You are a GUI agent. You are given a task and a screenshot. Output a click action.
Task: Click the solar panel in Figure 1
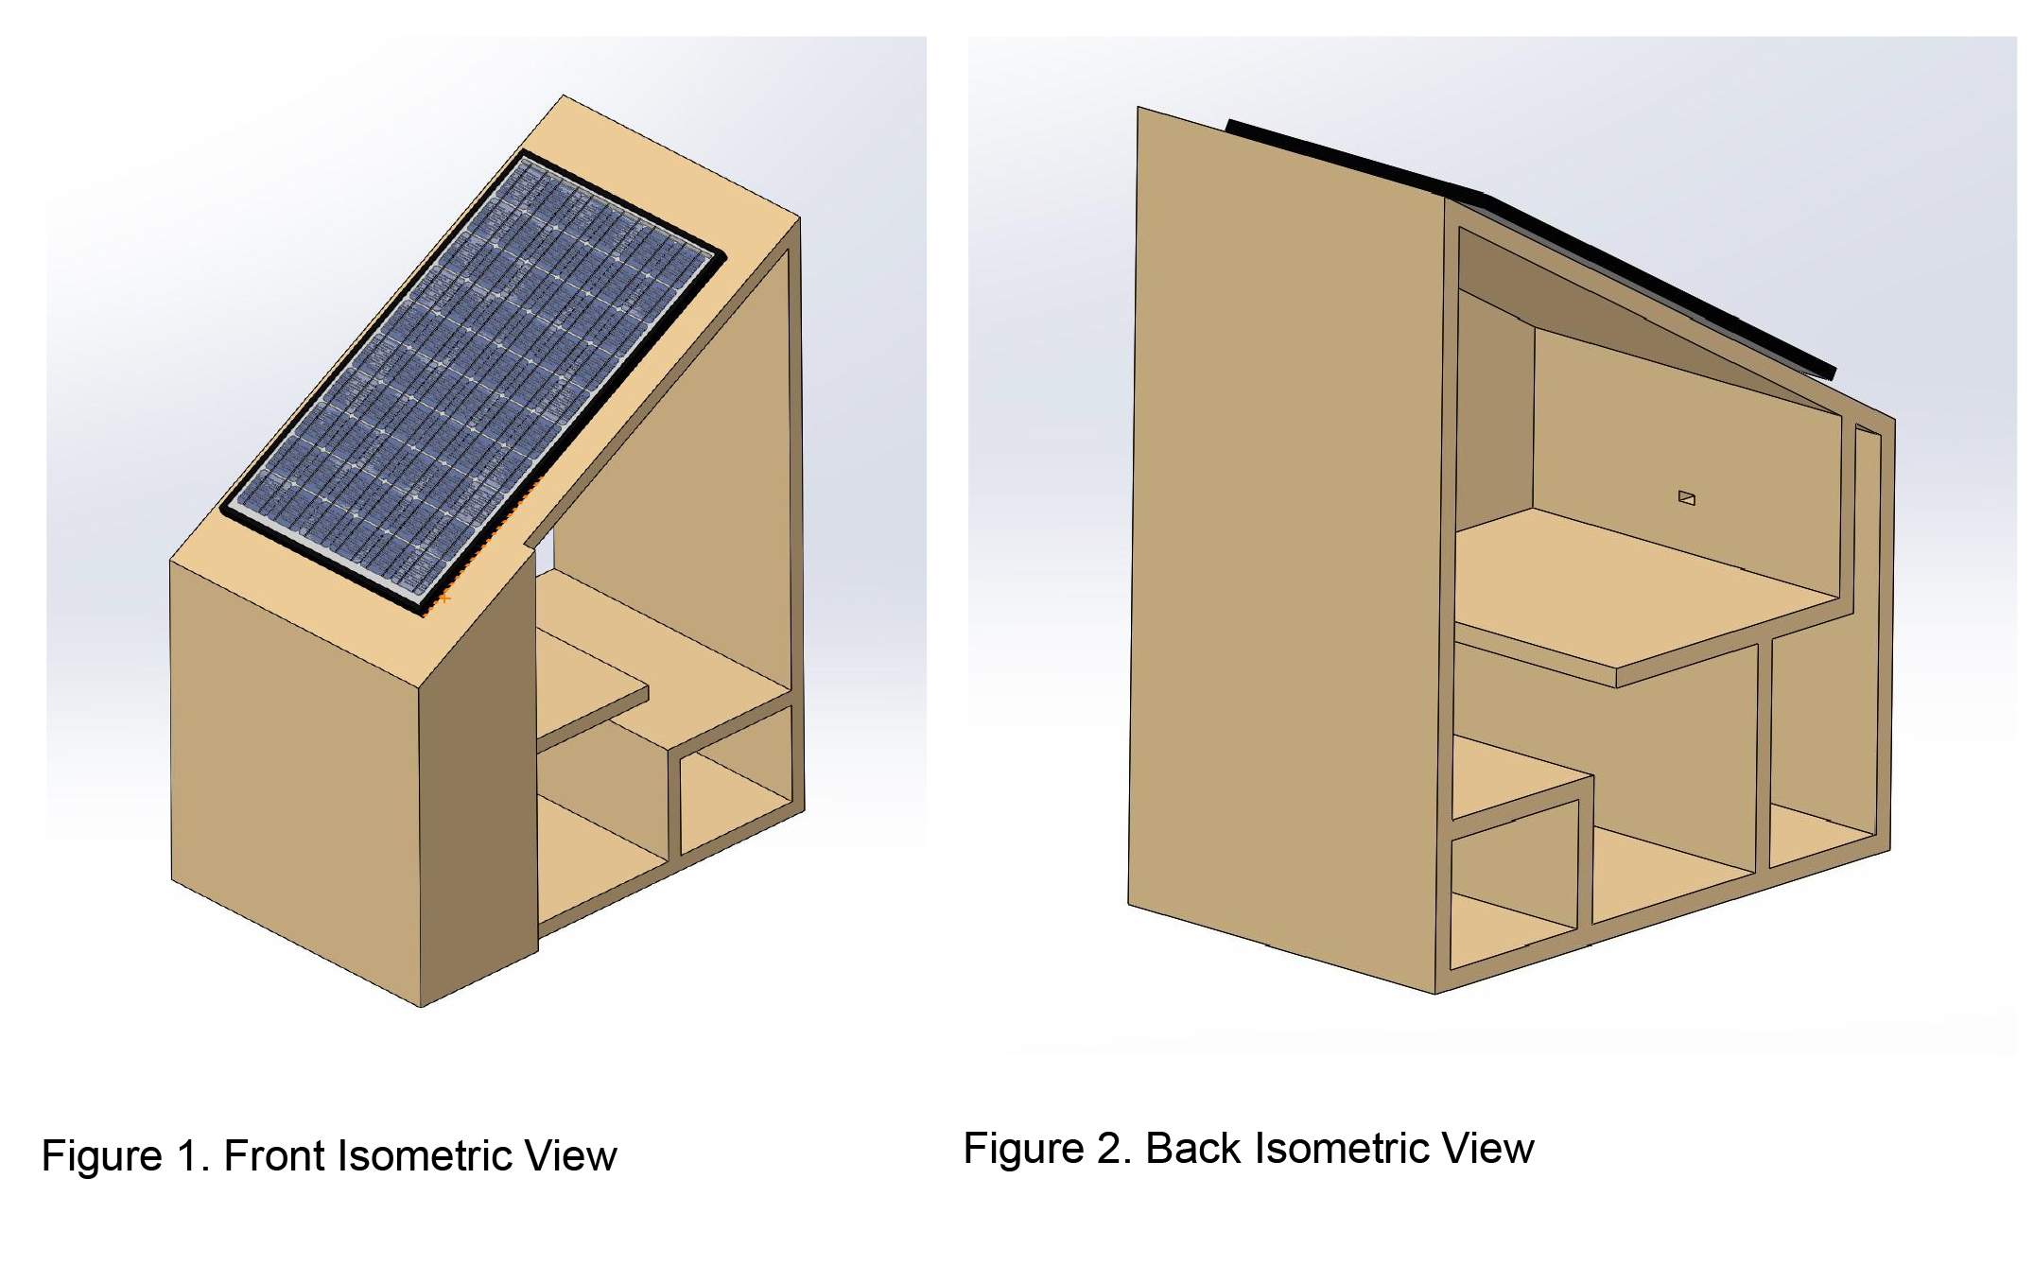(x=473, y=378)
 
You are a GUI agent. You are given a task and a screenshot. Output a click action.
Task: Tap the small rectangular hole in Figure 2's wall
(x=1686, y=497)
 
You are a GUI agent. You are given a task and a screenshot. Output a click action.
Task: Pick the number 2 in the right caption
(x=1114, y=1149)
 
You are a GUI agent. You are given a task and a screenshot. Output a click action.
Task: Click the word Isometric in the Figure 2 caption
(x=1342, y=1149)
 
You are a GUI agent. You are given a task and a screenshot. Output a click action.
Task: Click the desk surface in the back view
(x=1636, y=596)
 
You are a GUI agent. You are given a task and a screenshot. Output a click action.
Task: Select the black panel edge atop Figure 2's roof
(x=1532, y=241)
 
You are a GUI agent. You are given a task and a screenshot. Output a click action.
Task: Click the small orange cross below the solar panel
(x=444, y=598)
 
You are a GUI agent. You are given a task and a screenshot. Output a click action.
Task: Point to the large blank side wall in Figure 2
(x=1286, y=548)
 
